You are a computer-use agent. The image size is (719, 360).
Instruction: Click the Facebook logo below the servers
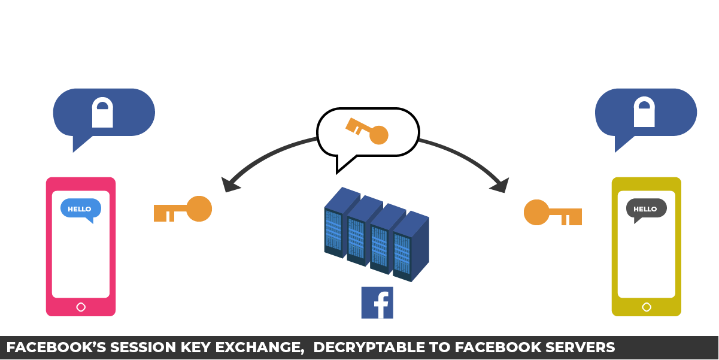tap(377, 302)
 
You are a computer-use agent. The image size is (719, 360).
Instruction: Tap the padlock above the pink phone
tap(102, 113)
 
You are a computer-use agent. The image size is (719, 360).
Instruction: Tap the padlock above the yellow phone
tap(644, 113)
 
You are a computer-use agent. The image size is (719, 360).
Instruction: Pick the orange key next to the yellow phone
tap(553, 213)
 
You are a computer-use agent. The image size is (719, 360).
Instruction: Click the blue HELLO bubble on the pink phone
tap(80, 209)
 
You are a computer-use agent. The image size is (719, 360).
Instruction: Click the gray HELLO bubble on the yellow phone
tap(646, 209)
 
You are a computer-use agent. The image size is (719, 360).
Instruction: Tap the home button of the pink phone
tap(81, 307)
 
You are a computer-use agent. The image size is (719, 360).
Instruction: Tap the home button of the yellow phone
tap(647, 307)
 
